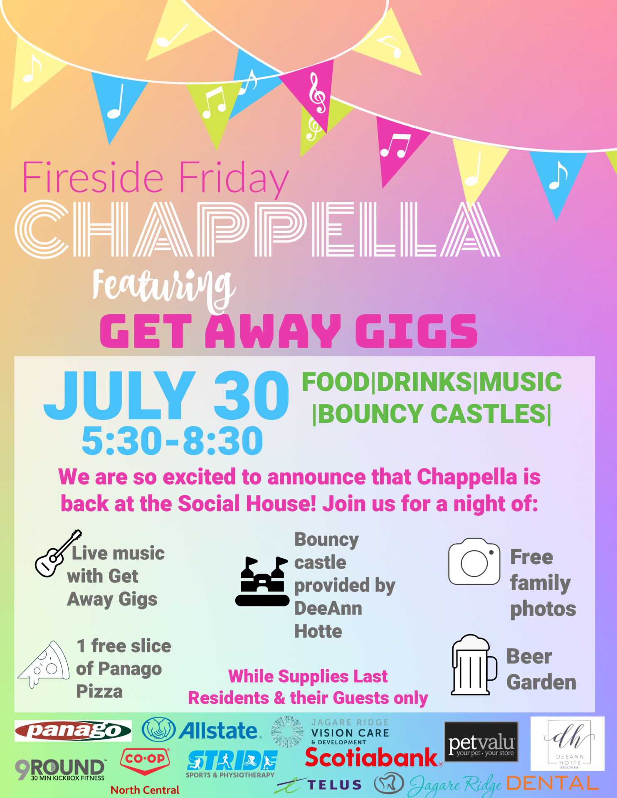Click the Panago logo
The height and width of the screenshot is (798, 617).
click(73, 731)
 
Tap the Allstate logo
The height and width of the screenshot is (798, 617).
click(202, 730)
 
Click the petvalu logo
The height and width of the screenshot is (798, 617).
click(481, 742)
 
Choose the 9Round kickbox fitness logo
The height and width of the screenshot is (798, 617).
click(60, 770)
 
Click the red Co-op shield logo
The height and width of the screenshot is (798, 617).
click(145, 761)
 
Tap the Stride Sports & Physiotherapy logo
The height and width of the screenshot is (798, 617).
click(231, 764)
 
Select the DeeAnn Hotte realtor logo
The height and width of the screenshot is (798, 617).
click(568, 744)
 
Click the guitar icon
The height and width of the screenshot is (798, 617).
click(58, 553)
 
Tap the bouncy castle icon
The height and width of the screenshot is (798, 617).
click(262, 581)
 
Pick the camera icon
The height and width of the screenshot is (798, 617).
click(474, 562)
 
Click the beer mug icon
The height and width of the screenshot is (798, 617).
click(474, 665)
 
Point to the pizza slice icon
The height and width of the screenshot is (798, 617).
click(44, 664)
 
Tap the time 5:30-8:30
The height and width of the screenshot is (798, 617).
click(172, 441)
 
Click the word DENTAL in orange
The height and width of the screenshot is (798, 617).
click(552, 783)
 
